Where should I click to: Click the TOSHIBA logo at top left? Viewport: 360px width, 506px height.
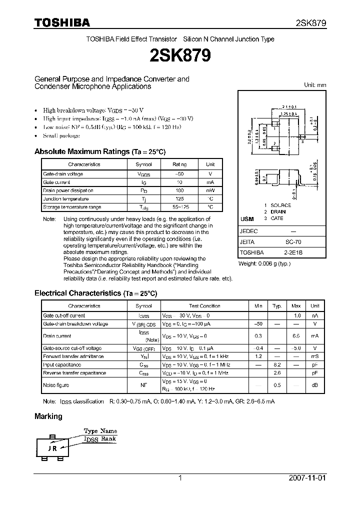coord(62,22)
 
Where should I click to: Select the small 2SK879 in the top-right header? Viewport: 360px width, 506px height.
coord(310,23)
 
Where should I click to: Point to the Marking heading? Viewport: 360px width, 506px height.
coord(48,416)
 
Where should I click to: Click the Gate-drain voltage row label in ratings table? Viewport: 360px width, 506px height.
coord(63,174)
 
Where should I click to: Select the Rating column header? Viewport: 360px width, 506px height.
coord(179,164)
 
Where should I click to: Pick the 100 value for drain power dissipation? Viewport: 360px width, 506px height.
coord(179,190)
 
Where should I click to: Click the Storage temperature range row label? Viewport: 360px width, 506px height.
coord(72,207)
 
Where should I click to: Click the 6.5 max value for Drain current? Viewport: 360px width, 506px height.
coord(296,336)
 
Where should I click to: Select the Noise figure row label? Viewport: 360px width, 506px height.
coord(56,385)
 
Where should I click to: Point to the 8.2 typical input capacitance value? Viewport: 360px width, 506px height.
coord(277,364)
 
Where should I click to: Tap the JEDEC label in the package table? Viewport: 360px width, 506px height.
coord(249,232)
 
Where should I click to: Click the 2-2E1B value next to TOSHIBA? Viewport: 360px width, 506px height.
coord(293,253)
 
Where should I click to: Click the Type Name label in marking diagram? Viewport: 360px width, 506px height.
coord(100,431)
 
